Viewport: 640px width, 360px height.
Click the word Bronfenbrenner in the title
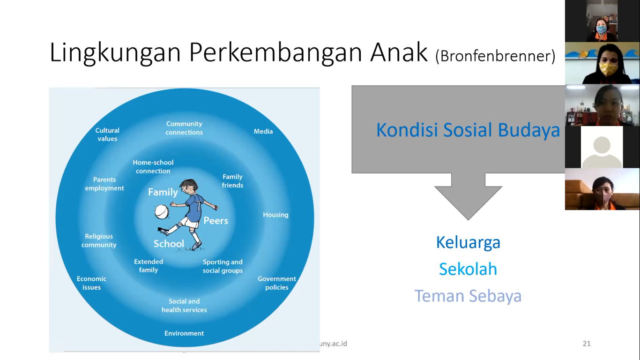495,56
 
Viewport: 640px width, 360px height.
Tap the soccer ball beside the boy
162,212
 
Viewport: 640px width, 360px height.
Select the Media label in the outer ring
263,131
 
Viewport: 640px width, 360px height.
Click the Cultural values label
107,135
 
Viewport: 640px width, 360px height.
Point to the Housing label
275,215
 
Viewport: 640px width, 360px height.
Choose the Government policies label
276,283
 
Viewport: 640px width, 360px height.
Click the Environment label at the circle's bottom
184,333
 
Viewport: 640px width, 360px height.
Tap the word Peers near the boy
216,220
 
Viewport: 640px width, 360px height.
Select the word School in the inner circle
169,244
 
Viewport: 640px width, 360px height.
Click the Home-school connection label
153,166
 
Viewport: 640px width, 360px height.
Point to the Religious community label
99,240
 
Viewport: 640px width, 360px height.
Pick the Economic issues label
91,283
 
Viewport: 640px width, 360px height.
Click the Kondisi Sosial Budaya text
468,130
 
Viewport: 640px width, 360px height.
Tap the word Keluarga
468,242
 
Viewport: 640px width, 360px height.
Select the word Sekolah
468,269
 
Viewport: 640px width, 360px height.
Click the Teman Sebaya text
468,296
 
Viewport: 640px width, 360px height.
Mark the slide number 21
587,344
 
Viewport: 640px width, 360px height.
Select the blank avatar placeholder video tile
602,147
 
